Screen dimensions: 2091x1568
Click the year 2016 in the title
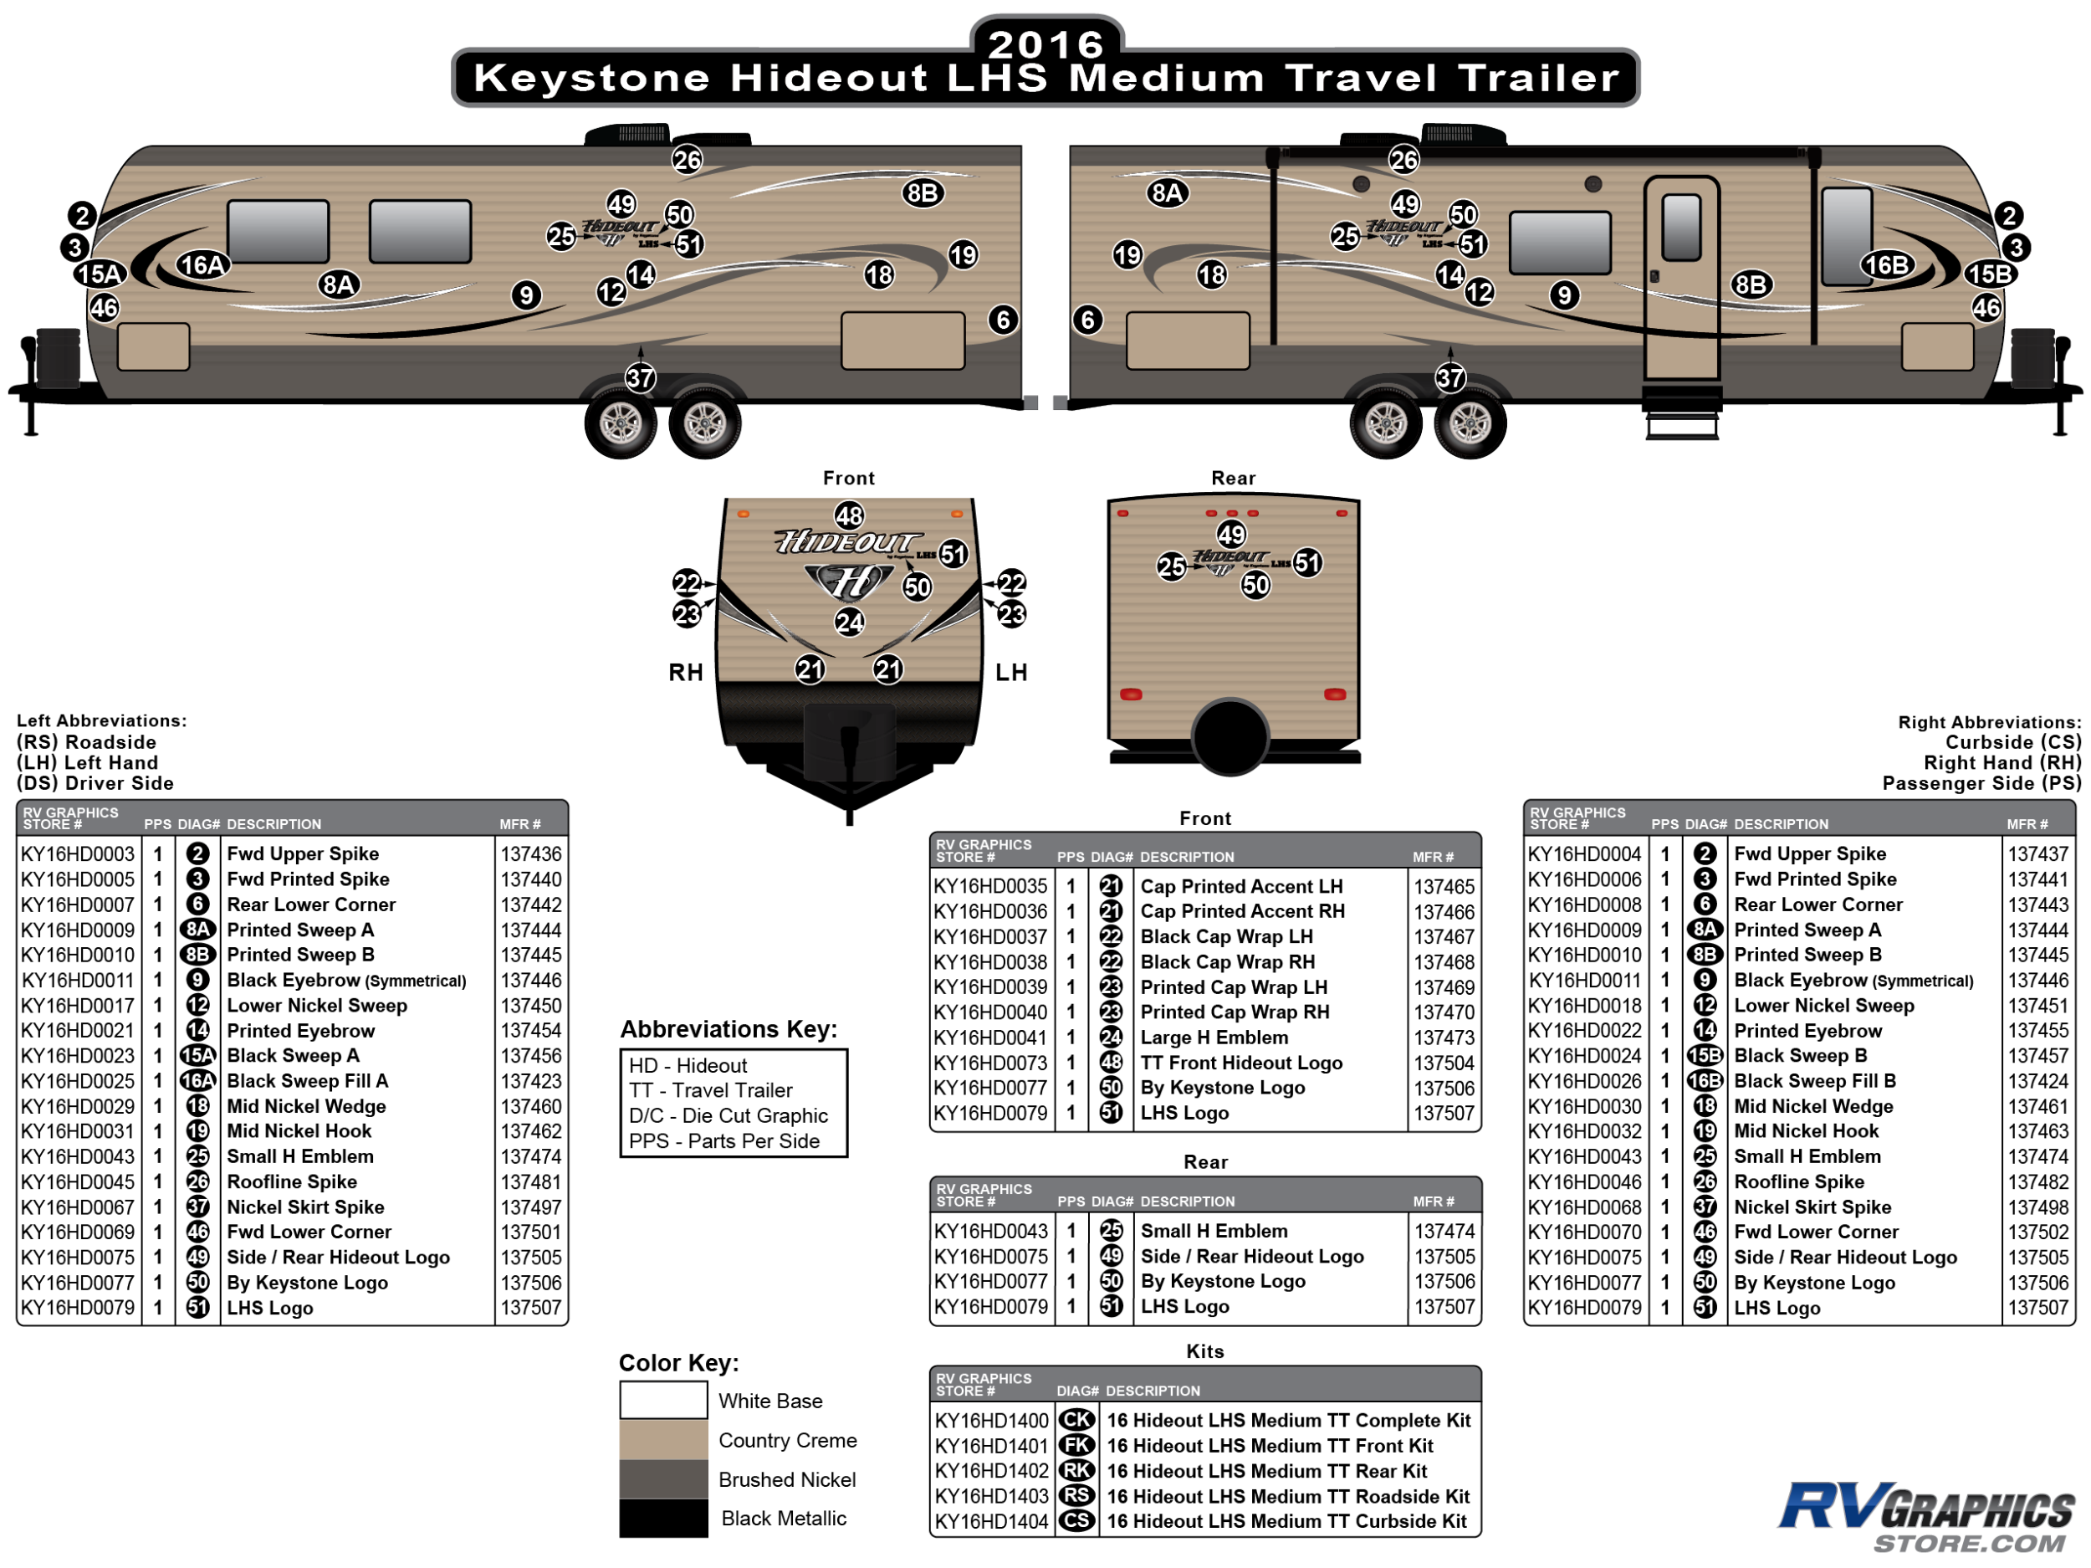(x=1045, y=44)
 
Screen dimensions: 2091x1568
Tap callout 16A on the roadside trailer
(x=202, y=264)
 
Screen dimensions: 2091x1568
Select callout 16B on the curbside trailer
(x=1887, y=264)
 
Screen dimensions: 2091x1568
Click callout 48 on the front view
(x=849, y=516)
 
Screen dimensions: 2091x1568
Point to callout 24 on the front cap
(x=849, y=623)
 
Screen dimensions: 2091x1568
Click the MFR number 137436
(x=530, y=854)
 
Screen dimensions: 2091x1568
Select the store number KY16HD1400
(x=992, y=1421)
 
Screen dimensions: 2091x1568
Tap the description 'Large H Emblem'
(x=1214, y=1038)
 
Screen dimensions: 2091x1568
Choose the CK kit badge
(x=1076, y=1420)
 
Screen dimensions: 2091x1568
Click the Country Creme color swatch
(x=663, y=1439)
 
